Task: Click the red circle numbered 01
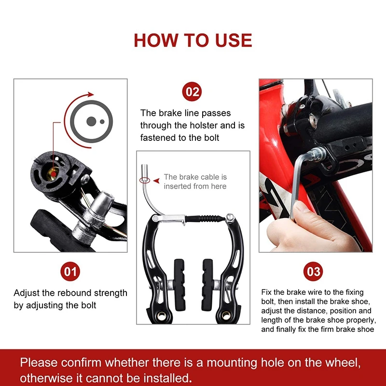tap(70, 271)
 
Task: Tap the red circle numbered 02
tap(193, 92)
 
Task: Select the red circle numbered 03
tap(314, 271)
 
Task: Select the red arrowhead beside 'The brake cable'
tap(156, 180)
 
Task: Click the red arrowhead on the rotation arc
tap(91, 95)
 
